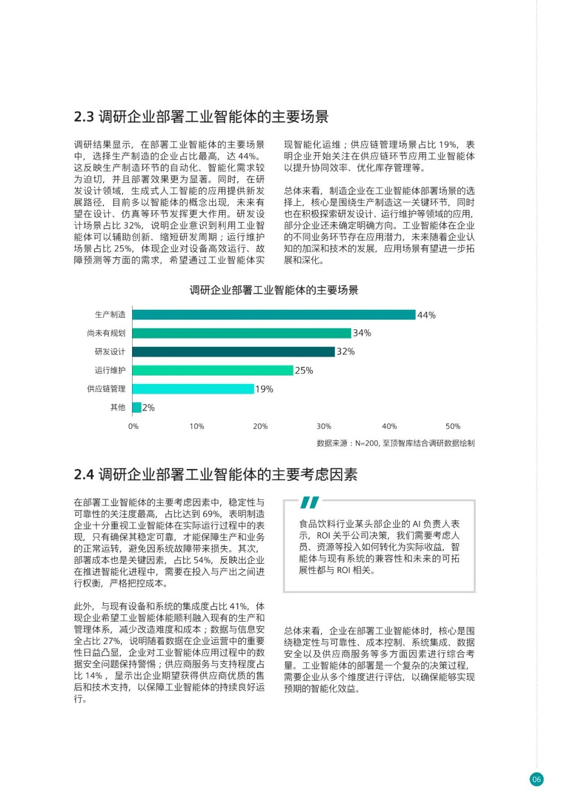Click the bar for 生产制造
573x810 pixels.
[274, 315]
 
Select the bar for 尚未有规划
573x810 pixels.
[241, 333]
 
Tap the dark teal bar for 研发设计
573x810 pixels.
[233, 352]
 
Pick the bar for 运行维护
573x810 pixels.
[213, 370]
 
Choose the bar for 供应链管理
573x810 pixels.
[193, 389]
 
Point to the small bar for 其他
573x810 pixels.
[137, 407]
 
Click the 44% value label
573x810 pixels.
[427, 315]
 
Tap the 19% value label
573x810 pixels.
[264, 389]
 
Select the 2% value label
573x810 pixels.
[149, 408]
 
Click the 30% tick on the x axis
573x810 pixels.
[324, 426]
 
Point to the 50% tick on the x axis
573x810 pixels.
[453, 426]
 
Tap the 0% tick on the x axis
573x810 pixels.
[133, 426]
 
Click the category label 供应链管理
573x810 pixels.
[106, 389]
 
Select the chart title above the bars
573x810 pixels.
[274, 290]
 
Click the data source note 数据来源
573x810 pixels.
[395, 443]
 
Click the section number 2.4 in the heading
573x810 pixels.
[84, 475]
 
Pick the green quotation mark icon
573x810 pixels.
[309, 502]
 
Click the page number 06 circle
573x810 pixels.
[536, 779]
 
